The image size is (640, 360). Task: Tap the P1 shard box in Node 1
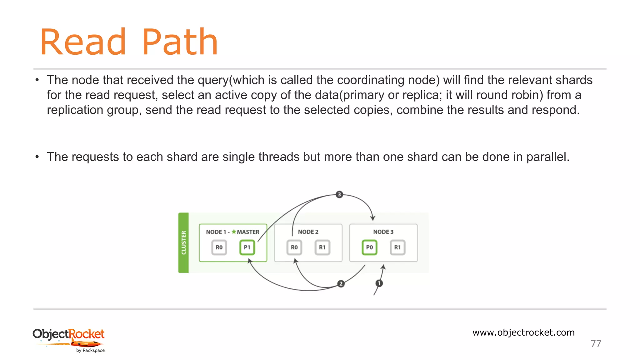coord(247,247)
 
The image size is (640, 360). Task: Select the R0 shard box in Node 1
coord(219,247)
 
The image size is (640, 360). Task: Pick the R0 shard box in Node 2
coord(294,247)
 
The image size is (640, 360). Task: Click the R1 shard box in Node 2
coord(322,247)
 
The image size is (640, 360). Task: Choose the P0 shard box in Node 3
coord(369,247)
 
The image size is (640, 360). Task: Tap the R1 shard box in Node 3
coord(397,247)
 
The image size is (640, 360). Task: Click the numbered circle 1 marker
coord(379,283)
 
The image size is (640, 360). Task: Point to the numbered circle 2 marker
coord(341,284)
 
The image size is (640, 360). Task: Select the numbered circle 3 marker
coord(339,194)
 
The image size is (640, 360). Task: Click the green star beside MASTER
coord(234,232)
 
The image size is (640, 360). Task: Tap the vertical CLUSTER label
coord(184,243)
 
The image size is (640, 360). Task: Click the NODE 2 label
coord(308,232)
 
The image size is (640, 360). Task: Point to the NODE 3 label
coord(383,232)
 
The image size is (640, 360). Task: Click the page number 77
coord(596,343)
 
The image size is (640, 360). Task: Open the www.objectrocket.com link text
coord(523,332)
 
